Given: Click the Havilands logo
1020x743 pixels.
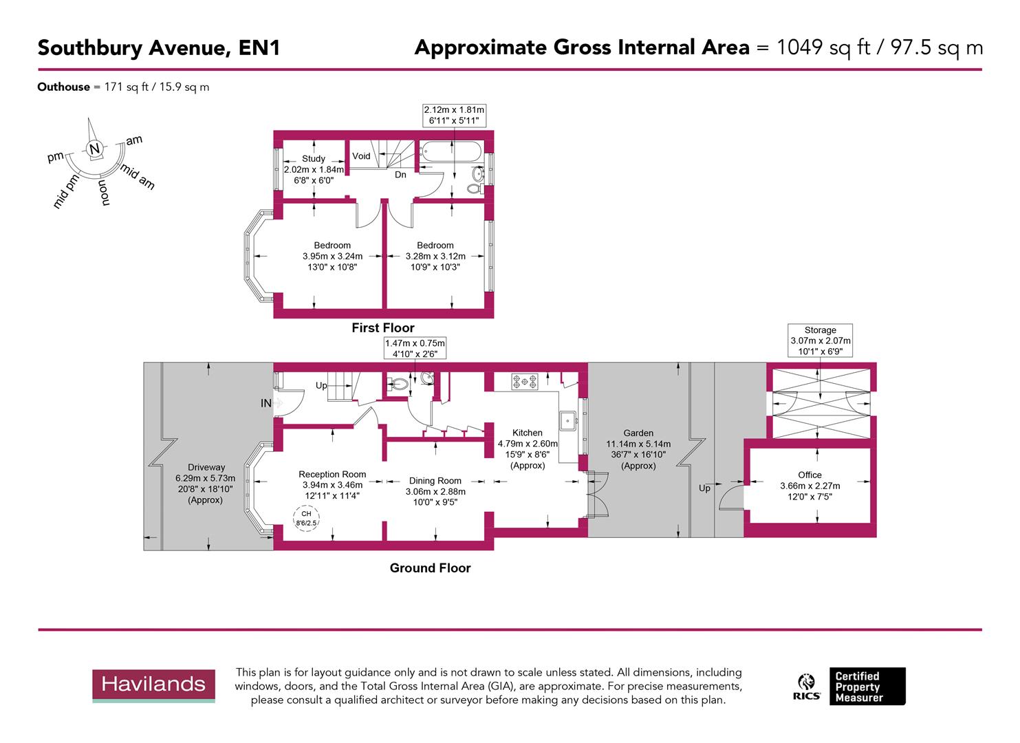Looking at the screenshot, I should tap(153, 685).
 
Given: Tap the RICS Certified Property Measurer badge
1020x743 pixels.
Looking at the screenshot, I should tap(851, 687).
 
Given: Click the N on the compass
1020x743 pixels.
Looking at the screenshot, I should tap(95, 149).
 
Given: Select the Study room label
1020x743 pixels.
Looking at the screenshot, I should tap(313, 159).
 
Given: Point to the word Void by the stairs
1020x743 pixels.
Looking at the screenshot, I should tap(361, 156).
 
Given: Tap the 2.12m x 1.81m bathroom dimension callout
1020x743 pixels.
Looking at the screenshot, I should tap(454, 115).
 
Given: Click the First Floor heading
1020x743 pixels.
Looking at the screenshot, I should tap(383, 328).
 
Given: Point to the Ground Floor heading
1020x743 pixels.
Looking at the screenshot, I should tap(430, 568).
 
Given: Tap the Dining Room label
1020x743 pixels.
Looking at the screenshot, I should tap(435, 481).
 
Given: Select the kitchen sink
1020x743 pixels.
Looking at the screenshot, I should tap(568, 420).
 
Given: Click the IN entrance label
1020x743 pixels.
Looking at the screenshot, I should tap(266, 404).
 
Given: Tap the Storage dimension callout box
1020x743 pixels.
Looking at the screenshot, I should tap(820, 341).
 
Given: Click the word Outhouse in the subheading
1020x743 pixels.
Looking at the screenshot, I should tap(63, 87).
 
